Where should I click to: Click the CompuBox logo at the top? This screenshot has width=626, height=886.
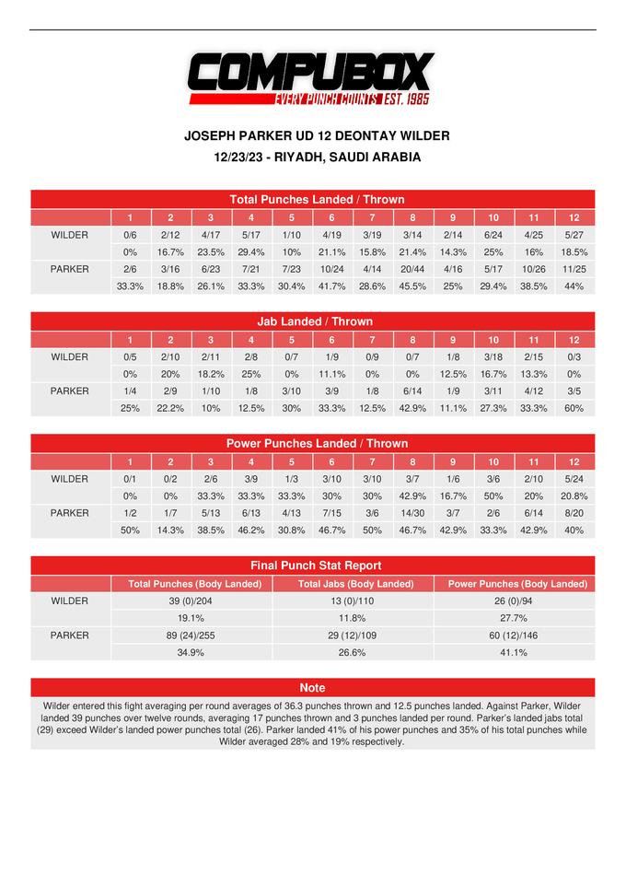pos(311,78)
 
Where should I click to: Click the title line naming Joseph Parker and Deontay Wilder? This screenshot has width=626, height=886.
pos(317,135)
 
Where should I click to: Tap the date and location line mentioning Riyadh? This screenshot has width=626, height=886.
pos(317,157)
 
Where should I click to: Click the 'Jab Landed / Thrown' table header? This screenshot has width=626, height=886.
pos(314,321)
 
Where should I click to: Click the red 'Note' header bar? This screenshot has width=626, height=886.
pos(312,687)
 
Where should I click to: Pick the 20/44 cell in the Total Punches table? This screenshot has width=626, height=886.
pos(412,269)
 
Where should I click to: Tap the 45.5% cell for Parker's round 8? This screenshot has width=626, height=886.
pos(412,286)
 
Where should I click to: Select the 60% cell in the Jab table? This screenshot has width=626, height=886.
pos(574,408)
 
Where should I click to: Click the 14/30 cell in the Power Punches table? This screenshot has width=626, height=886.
pos(412,513)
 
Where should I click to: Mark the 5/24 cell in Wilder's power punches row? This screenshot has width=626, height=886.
pos(574,479)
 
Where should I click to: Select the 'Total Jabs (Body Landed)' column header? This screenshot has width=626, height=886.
pos(353,584)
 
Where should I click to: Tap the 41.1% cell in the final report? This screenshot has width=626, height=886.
pos(515,652)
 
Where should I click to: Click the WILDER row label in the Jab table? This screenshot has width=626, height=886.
pos(70,356)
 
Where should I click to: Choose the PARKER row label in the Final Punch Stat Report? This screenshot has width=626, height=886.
pos(70,635)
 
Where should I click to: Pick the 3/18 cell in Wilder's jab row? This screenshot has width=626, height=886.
pos(493,356)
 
